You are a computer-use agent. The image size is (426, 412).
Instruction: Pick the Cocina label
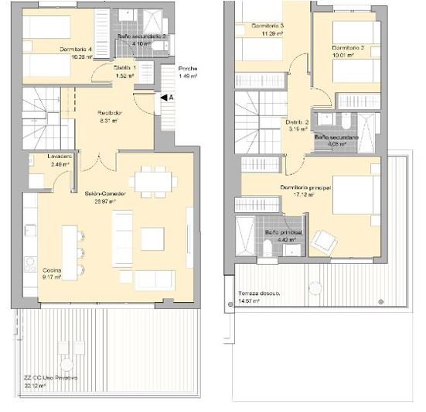click(x=52, y=269)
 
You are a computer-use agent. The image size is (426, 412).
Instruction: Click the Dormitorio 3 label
click(x=268, y=26)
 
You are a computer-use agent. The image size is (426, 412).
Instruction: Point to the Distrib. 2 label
click(x=297, y=122)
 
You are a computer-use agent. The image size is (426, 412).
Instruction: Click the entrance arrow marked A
click(x=166, y=98)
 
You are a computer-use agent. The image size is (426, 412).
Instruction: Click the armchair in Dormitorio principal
click(x=322, y=242)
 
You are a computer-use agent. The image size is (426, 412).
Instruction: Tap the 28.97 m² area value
click(x=101, y=201)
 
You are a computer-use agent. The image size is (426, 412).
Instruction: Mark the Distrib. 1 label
click(x=125, y=68)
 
